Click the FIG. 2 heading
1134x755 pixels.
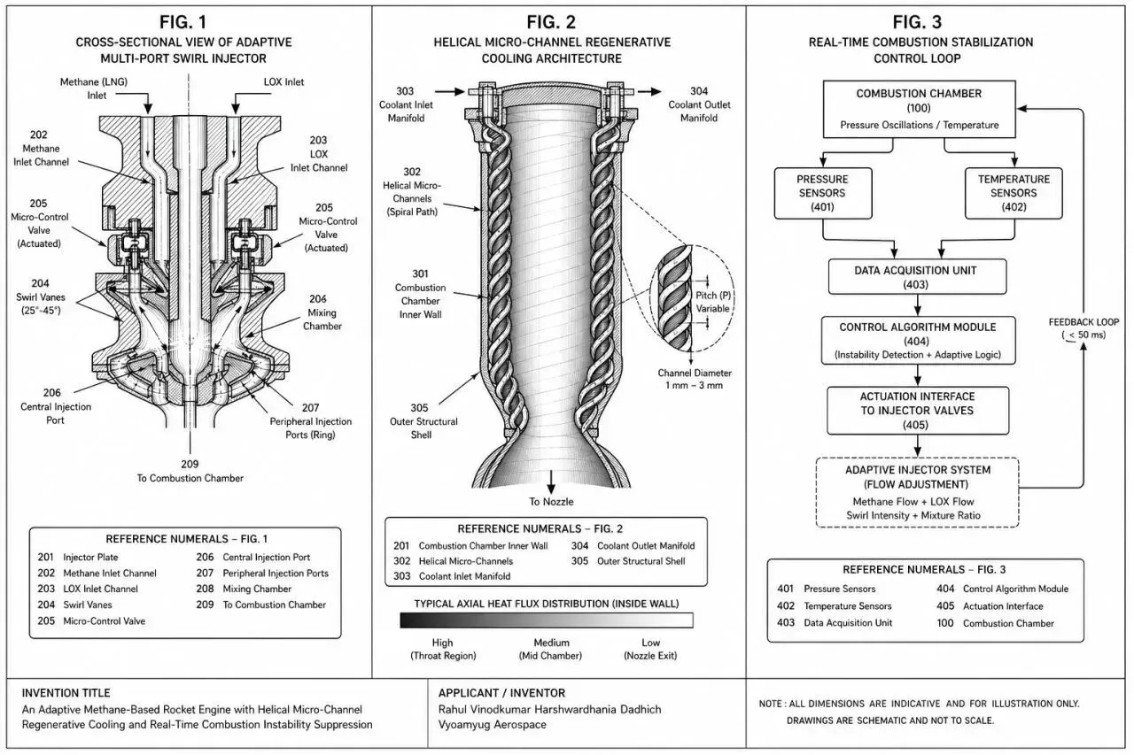[x=551, y=22]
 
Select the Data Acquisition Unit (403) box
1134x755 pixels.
[x=917, y=277]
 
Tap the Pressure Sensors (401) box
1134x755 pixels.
[x=823, y=193]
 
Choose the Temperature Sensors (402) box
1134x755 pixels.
[x=1014, y=193]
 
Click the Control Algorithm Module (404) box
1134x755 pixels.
[x=918, y=341]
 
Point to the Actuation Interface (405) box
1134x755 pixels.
[x=918, y=411]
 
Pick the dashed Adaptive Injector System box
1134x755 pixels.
[x=917, y=492]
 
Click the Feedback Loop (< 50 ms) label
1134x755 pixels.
[x=1084, y=328]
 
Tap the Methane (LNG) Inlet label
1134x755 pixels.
[x=94, y=89]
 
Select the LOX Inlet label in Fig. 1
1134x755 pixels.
[x=283, y=82]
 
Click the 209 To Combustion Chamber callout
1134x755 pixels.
[x=190, y=471]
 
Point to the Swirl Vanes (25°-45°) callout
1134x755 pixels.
[x=41, y=297]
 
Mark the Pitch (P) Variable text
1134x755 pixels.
[x=713, y=302]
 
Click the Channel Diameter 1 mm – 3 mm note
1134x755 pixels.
[x=695, y=379]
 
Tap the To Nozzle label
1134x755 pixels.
[x=551, y=502]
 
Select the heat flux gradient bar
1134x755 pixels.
[x=547, y=620]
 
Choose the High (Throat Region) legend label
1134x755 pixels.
[x=443, y=649]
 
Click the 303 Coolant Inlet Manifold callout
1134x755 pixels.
[x=406, y=104]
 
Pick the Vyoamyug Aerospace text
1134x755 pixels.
[x=492, y=724]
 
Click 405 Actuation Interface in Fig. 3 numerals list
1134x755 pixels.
[x=990, y=605]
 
